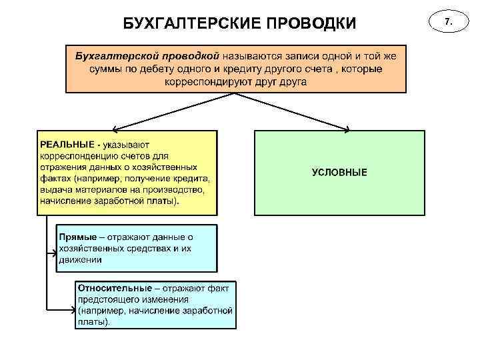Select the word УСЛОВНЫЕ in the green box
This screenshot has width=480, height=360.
(x=339, y=172)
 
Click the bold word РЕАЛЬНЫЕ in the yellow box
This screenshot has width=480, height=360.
(x=67, y=143)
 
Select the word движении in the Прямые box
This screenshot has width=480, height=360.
(x=80, y=259)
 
